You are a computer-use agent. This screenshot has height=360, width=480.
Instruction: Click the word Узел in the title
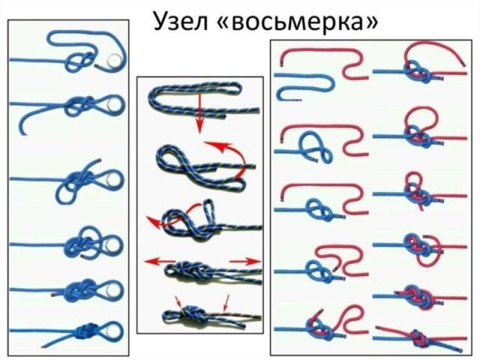181,21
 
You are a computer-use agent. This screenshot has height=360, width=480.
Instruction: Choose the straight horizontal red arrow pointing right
245,262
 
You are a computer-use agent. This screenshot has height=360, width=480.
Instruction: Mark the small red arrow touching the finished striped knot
178,301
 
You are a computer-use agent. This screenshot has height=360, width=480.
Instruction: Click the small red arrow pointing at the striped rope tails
226,303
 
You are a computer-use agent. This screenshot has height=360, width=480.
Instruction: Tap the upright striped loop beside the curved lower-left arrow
209,211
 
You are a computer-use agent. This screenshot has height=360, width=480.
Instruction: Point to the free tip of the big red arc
464,65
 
